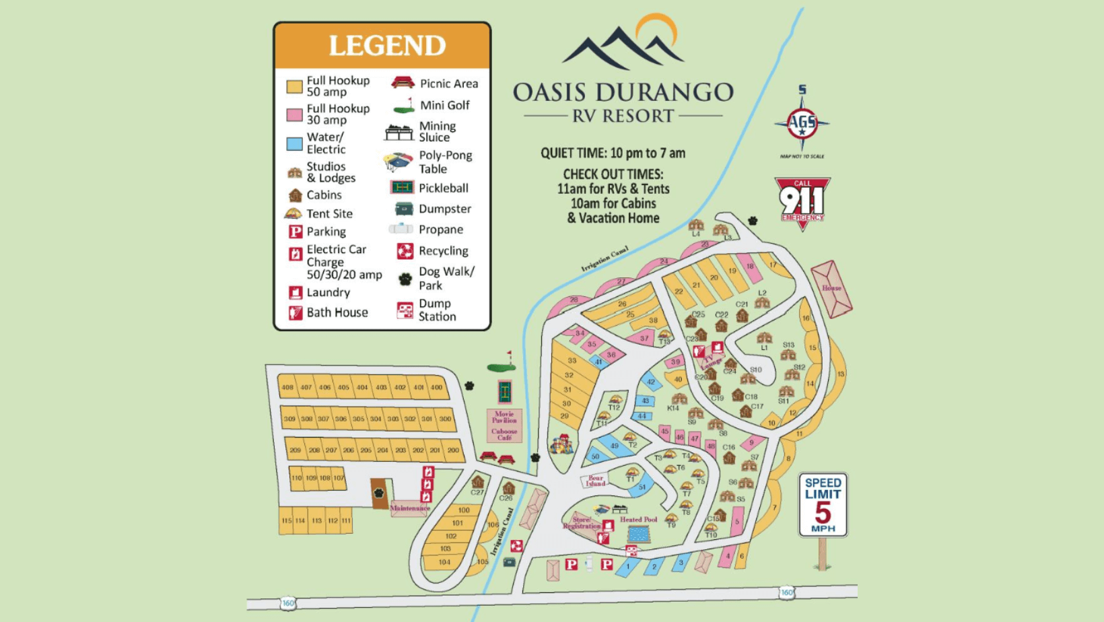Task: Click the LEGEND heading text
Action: [x=386, y=46]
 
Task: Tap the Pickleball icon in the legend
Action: [x=402, y=188]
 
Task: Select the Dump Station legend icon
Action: [x=405, y=310]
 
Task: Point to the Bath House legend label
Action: [x=337, y=312]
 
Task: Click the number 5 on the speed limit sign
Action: [x=823, y=512]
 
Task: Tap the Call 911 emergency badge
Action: [x=802, y=201]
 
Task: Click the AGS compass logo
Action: [x=802, y=123]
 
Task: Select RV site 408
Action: [x=287, y=388]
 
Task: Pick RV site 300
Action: [x=445, y=419]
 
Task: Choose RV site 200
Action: [x=453, y=450]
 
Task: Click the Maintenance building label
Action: [x=409, y=508]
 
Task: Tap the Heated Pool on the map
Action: [x=638, y=534]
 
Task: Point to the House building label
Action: [x=831, y=288]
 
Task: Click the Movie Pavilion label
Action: [x=504, y=417]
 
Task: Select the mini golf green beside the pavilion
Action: [x=502, y=368]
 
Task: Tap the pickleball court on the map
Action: [x=505, y=391]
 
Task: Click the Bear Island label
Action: [x=595, y=481]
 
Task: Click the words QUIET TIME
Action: [x=573, y=153]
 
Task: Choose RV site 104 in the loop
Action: [x=444, y=562]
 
